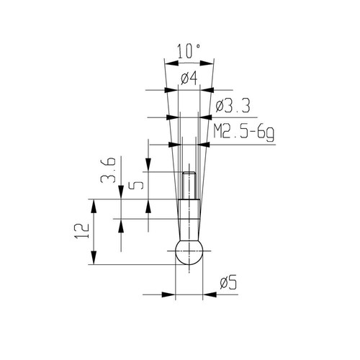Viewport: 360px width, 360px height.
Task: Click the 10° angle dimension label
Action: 189,51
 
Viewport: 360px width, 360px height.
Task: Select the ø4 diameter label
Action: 189,78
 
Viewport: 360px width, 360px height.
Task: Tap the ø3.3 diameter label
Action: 233,106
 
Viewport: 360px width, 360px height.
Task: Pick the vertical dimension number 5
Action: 135,185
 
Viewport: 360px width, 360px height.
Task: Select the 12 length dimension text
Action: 82,230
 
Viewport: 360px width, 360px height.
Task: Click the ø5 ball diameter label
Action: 228,282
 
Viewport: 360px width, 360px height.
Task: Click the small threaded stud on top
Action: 189,185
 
